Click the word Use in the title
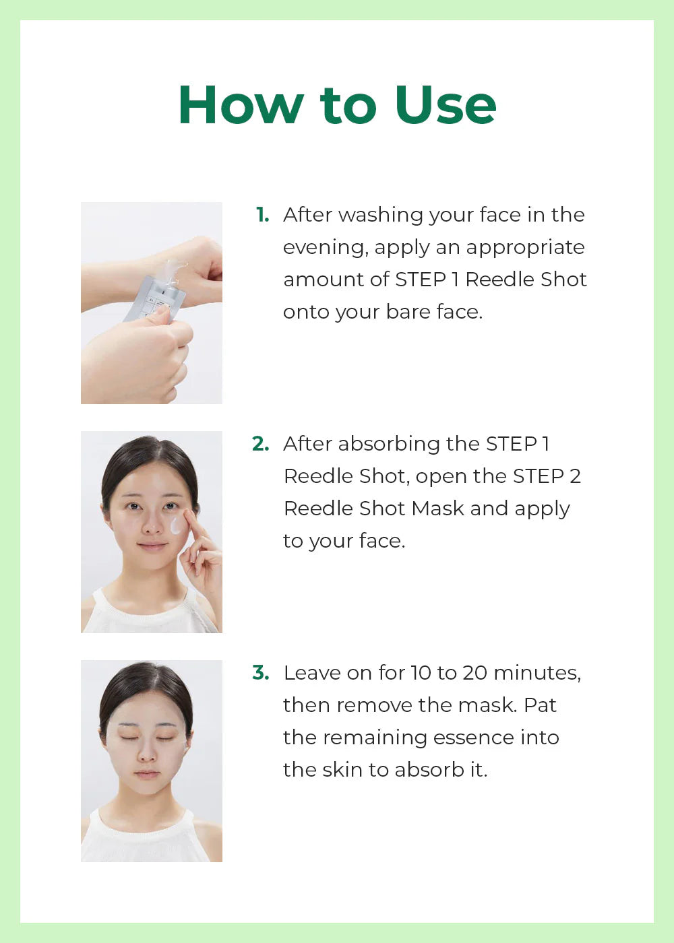click(446, 106)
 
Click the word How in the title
click(241, 106)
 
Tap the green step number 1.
click(262, 215)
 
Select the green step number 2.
click(260, 444)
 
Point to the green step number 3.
click(260, 673)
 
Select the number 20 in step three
click(474, 673)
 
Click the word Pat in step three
click(540, 705)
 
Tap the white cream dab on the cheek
click(176, 525)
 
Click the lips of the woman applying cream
click(153, 546)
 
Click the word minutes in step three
click(537, 673)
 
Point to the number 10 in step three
click(421, 673)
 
